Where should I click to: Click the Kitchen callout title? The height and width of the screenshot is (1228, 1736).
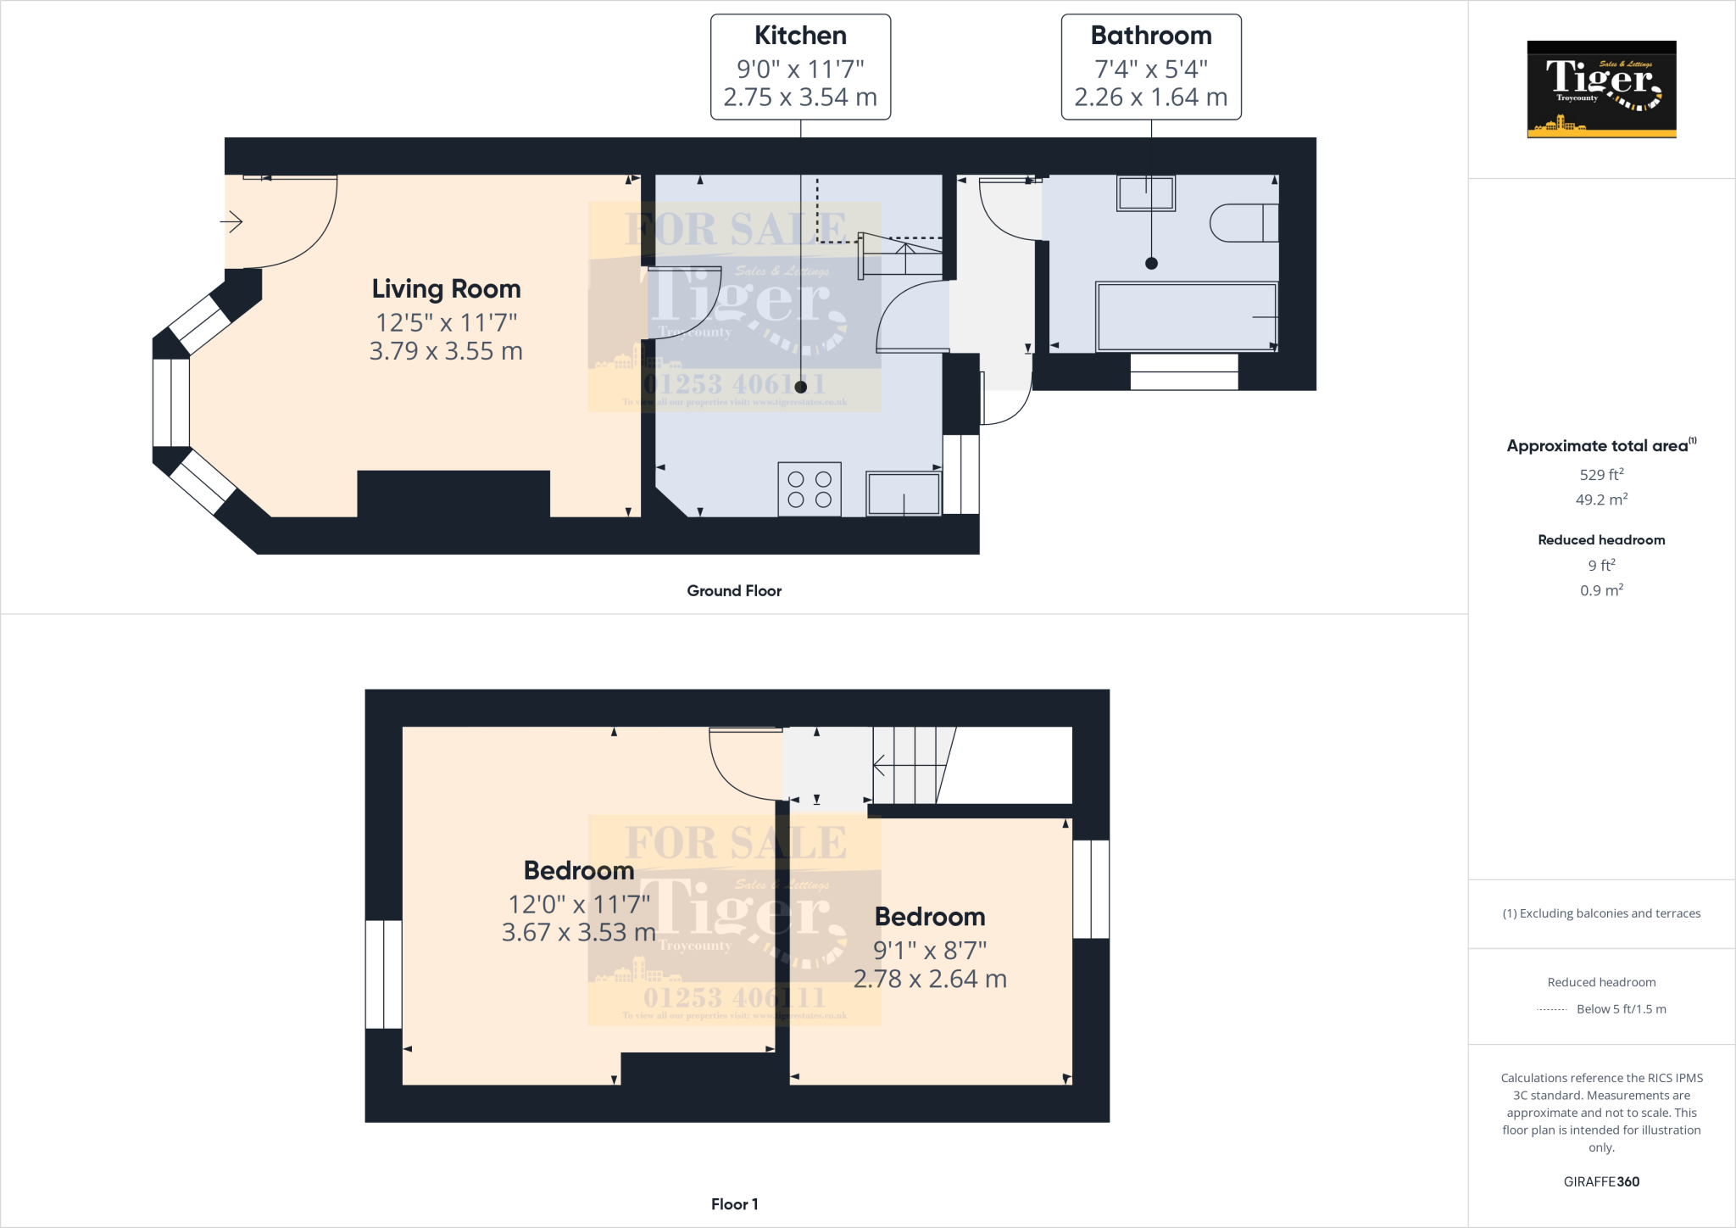(x=800, y=36)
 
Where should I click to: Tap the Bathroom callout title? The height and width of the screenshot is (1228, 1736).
(x=1150, y=36)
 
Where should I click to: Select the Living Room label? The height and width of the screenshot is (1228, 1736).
(x=446, y=289)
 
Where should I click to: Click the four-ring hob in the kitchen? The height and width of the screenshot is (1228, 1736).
(x=810, y=489)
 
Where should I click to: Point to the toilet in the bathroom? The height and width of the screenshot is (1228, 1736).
(x=1243, y=223)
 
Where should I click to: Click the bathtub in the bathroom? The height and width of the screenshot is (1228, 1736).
(x=1186, y=317)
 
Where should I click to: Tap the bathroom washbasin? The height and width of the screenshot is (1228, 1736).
(x=1146, y=193)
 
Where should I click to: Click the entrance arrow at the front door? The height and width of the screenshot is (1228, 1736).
(x=231, y=222)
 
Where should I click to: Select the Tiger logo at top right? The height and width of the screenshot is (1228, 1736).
(x=1601, y=89)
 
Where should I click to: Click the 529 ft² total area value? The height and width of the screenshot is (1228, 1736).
(x=1601, y=475)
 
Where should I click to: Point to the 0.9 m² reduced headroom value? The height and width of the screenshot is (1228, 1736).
(x=1601, y=590)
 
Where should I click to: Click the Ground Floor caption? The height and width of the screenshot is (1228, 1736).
(x=734, y=591)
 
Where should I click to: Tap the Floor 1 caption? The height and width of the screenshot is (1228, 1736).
(x=734, y=1204)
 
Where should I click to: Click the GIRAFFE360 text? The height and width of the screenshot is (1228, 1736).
(x=1601, y=1181)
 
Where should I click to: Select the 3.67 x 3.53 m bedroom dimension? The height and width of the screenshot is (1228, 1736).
(x=578, y=933)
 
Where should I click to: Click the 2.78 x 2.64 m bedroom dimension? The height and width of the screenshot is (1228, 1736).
(x=930, y=980)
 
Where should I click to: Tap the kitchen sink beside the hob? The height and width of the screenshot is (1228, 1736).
(x=903, y=494)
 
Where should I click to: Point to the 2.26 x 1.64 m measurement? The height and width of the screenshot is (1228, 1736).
(x=1150, y=98)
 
